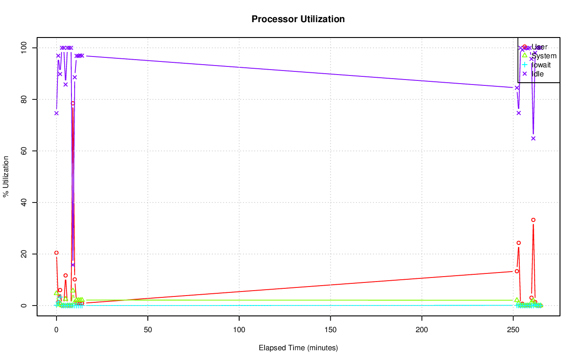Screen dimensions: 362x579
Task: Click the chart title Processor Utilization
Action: (x=298, y=19)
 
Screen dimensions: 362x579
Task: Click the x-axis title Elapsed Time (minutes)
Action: (x=298, y=348)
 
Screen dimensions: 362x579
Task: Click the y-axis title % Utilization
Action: (x=6, y=177)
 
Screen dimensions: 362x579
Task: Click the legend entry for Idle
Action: (x=537, y=74)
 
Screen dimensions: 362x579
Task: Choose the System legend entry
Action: (x=543, y=56)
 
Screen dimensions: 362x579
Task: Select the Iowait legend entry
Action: (x=541, y=65)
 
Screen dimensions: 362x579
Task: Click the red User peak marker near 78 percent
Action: (x=73, y=103)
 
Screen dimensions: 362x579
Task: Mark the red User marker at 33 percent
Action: (x=533, y=220)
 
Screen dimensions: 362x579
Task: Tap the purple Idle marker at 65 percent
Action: (x=533, y=138)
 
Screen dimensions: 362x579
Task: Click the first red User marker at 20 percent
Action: (x=56, y=253)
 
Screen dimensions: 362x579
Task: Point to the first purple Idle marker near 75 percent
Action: (x=56, y=113)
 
